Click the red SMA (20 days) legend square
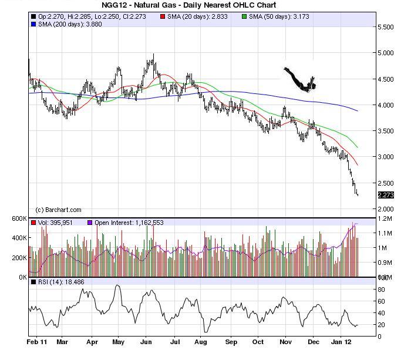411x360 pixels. tap(163, 17)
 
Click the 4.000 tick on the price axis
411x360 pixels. tap(386, 105)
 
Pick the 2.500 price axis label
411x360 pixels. tap(386, 183)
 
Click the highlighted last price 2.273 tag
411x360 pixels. tap(385, 195)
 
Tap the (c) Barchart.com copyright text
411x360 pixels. tap(59, 210)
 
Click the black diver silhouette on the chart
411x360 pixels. tap(299, 80)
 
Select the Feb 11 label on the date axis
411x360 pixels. tap(36, 341)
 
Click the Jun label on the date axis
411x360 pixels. tap(146, 341)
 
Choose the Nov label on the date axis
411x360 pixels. tap(286, 341)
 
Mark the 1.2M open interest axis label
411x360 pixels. tap(386, 218)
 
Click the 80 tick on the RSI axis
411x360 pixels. tap(380, 290)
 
